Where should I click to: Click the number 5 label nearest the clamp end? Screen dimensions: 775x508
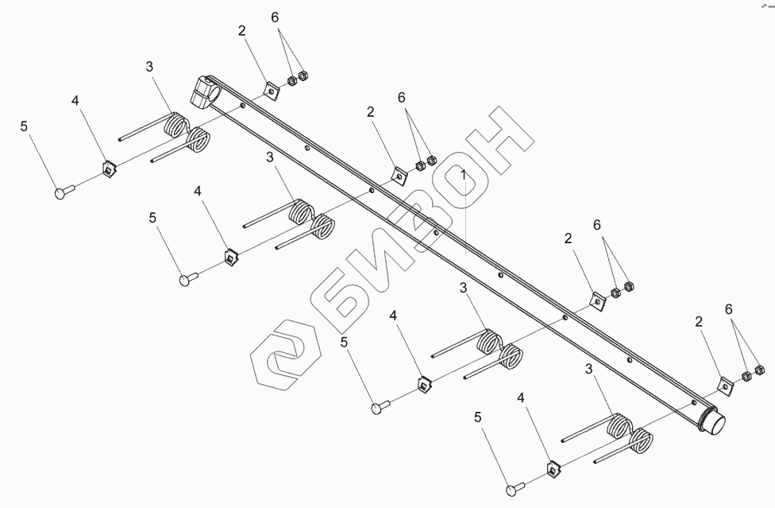tap(24, 126)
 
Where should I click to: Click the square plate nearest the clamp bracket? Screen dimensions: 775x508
tap(272, 92)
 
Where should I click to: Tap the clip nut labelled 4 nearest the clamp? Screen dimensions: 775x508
tap(108, 169)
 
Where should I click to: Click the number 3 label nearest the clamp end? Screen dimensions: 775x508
tap(148, 68)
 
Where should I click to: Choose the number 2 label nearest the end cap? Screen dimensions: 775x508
tap(699, 322)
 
